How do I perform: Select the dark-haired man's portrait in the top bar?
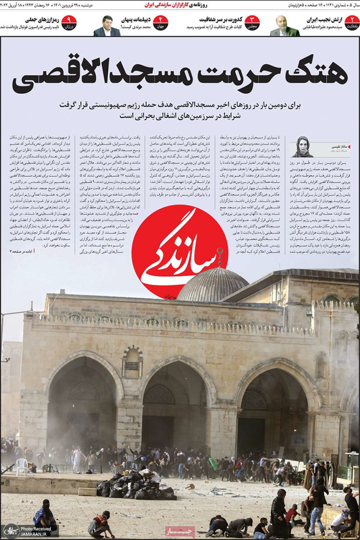[106, 26]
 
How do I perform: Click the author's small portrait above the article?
[302, 146]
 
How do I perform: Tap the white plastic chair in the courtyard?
[22, 466]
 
